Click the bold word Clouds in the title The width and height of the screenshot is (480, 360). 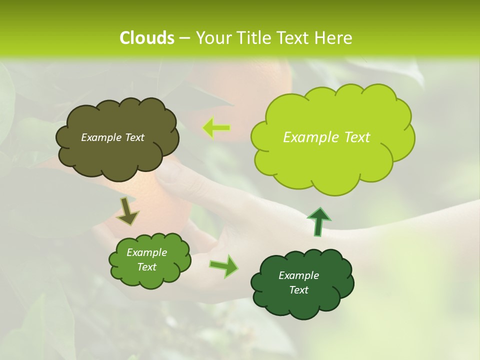coord(146,38)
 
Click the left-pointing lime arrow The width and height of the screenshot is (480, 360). coord(216,128)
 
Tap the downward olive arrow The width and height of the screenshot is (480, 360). coord(127,211)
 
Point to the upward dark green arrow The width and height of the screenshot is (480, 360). coord(318,221)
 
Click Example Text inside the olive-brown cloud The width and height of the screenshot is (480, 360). coord(112,137)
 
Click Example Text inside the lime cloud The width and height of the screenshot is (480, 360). coord(326,137)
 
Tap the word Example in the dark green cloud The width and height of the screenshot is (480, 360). coord(298,275)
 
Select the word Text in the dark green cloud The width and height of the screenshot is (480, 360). coord(298,290)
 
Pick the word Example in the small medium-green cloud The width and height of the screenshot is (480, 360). coord(146,252)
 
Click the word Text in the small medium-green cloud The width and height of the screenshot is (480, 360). coord(146,267)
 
